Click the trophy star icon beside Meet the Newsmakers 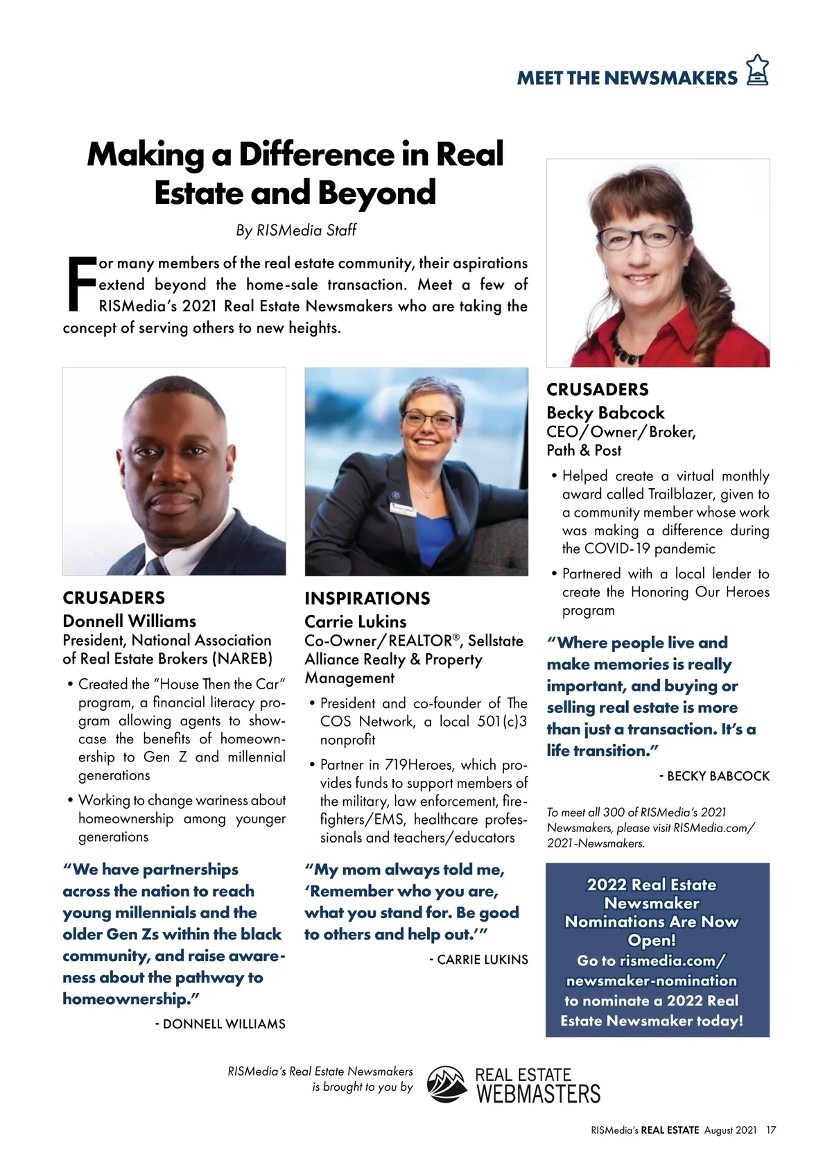coord(757,70)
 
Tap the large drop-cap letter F coord(80,284)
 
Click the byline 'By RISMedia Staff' coord(296,230)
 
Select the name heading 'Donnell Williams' coord(129,621)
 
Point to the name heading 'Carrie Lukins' coord(355,621)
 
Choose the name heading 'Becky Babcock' coord(605,413)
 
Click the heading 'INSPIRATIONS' coord(367,598)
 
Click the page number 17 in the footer coord(771,1130)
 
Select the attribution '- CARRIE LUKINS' coord(478,960)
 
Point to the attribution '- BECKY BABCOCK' coord(714,776)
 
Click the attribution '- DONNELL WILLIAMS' coord(220,1024)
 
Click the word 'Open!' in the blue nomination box coord(651,940)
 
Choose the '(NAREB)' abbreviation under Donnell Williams coord(243,659)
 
